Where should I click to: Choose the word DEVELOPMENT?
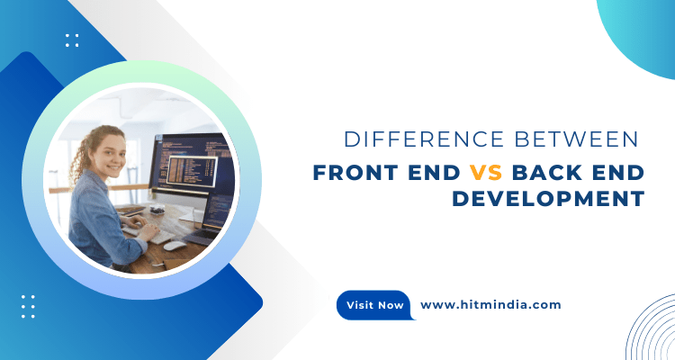pyautogui.click(x=548, y=198)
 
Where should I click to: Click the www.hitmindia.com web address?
pyautogui.click(x=490, y=304)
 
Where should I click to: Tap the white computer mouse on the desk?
pyautogui.click(x=175, y=244)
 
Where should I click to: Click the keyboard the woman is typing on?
pyautogui.click(x=148, y=233)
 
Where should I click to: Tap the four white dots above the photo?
pyautogui.click(x=72, y=40)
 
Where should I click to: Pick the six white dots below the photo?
pyautogui.click(x=28, y=306)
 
